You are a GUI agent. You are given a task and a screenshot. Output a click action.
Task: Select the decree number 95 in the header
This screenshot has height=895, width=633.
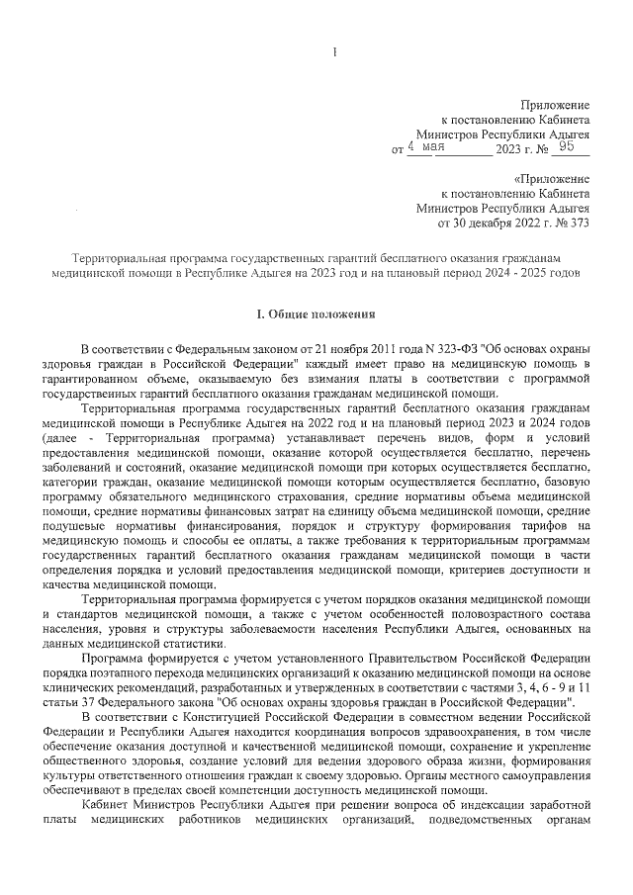tap(567, 147)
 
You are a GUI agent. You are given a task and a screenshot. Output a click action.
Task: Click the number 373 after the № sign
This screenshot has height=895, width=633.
tap(577, 224)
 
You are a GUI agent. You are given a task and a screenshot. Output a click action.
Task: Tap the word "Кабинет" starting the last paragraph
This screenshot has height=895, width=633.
tap(109, 806)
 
